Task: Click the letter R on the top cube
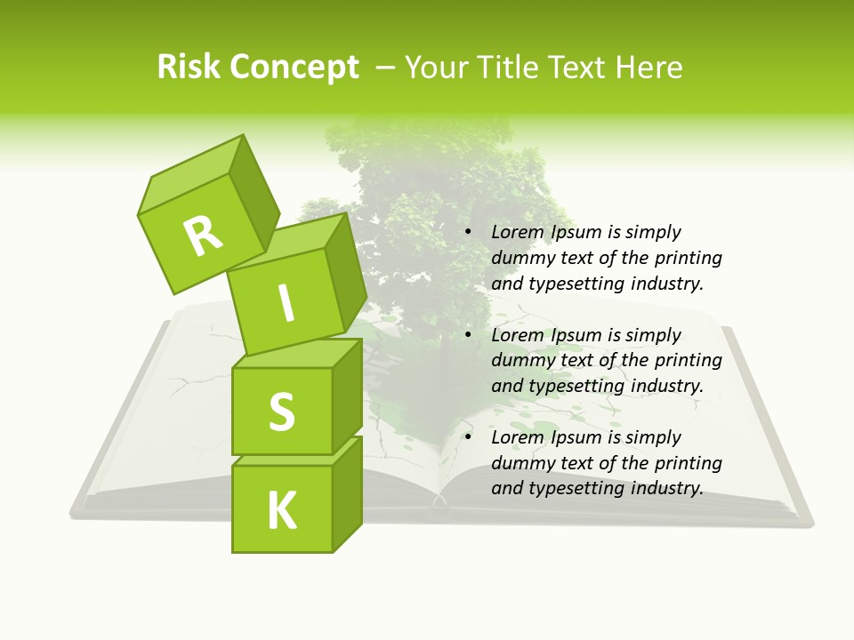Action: (x=203, y=236)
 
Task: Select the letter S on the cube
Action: (x=281, y=411)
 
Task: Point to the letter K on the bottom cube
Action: (x=281, y=511)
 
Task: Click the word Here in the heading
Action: (x=650, y=68)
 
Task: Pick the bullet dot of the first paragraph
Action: (x=468, y=232)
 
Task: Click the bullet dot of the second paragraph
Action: (x=468, y=335)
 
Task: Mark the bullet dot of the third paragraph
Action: (x=468, y=437)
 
